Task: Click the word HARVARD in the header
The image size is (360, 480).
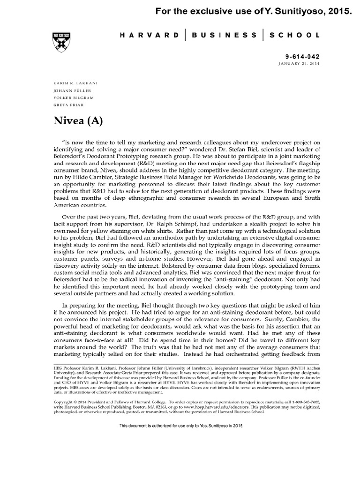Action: tap(150, 35)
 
